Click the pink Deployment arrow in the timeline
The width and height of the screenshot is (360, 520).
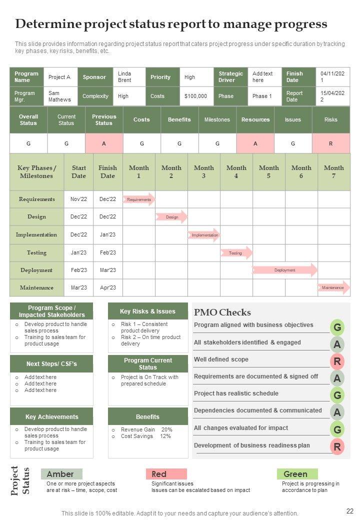[284, 270]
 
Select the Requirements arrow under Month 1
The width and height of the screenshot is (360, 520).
[139, 199]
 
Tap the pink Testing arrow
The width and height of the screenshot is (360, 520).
[236, 253]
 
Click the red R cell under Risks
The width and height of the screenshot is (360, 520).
[330, 143]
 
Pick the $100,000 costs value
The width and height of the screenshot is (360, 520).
[195, 96]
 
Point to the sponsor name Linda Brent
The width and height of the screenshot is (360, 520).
[124, 77]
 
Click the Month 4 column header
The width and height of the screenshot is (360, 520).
[236, 171]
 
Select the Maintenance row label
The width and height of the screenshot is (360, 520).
[36, 287]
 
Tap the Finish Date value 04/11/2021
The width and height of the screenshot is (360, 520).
[332, 77]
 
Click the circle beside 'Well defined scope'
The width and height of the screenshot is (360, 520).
[337, 361]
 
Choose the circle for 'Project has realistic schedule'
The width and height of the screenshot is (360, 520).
[337, 395]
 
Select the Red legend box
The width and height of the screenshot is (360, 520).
[166, 474]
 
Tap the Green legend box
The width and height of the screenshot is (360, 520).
[297, 474]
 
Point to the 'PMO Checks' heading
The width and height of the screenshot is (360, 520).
[222, 312]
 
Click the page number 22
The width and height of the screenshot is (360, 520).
[349, 510]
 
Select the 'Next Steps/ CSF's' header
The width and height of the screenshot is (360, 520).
[51, 363]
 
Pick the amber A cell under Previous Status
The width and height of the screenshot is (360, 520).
[104, 143]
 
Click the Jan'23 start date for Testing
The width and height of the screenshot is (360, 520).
[78, 252]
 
